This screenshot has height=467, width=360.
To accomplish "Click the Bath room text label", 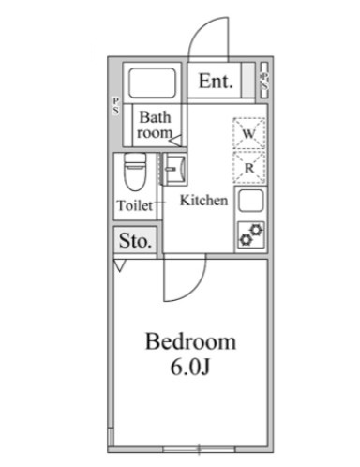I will point(156,126).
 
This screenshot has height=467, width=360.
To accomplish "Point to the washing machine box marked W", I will point(248,133).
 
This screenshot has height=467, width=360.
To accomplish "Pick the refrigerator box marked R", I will point(248,168).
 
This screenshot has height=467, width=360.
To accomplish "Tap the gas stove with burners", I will point(250,235).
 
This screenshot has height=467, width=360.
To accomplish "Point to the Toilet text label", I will point(135,205).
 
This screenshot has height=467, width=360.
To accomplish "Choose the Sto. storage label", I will point(135,241).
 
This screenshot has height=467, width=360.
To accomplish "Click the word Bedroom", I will point(190,340).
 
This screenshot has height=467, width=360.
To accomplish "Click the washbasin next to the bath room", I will point(173,170).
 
